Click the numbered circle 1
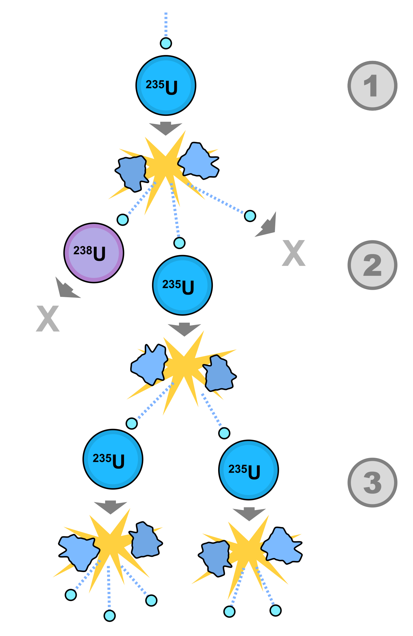[372, 85]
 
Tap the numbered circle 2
[372, 265]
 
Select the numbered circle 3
[372, 482]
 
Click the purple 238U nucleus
[94, 253]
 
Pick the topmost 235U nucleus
[166, 85]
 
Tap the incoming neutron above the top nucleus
[166, 43]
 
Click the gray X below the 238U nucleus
[48, 319]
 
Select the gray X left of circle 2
[293, 253]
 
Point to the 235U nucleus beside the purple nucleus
[182, 285]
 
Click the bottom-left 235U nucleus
[113, 459]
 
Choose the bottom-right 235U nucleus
[248, 470]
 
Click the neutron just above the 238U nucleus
[123, 220]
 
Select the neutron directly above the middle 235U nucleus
[179, 243]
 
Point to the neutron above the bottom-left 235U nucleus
[132, 423]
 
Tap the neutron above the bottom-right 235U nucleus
[224, 433]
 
